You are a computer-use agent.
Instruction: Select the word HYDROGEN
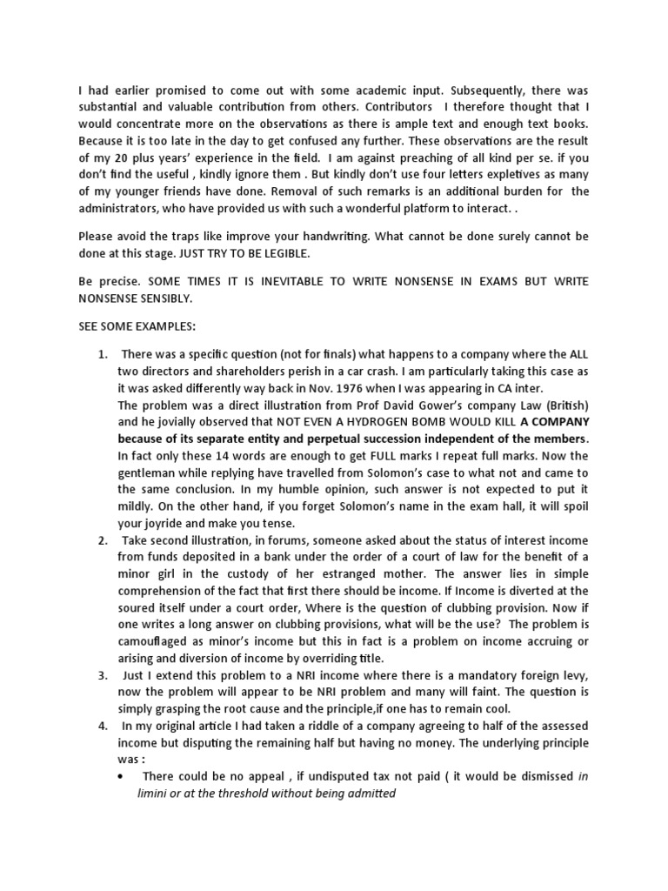click(x=331, y=424)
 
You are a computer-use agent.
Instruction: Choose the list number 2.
click(x=102, y=539)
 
